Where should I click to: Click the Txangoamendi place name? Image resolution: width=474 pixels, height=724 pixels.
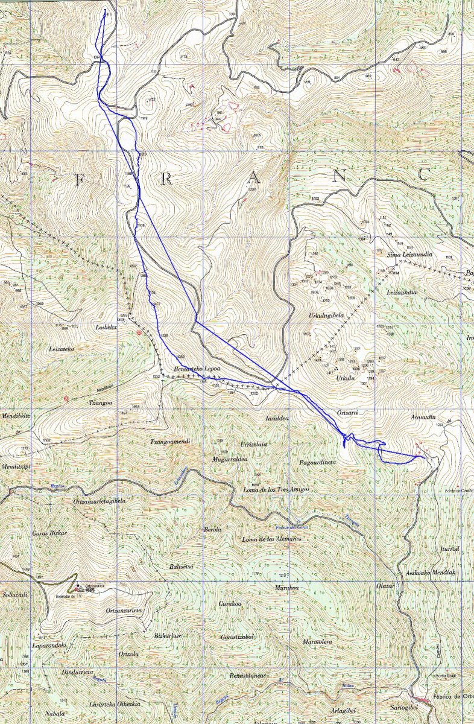coord(170,442)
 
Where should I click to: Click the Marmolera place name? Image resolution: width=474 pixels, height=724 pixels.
coord(318,642)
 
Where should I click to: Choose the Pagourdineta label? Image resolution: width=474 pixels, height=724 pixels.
coord(317,462)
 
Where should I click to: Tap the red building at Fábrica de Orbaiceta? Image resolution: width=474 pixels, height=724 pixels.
coord(425,700)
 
